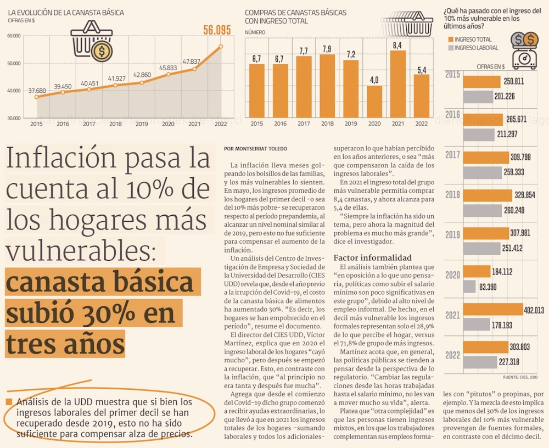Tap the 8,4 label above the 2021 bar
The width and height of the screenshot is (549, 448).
397,45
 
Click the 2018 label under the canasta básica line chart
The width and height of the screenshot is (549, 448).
115,125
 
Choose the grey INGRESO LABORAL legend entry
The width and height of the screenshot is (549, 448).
473,48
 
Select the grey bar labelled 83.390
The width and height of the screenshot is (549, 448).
469,286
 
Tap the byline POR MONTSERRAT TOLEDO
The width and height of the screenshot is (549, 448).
255,149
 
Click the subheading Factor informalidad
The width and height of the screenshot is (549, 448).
372,258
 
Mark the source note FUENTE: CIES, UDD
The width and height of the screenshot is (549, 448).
520,377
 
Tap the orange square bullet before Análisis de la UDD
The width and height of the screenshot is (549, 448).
9,402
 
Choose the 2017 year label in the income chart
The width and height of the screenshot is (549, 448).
453,155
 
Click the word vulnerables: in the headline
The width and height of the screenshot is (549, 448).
82,251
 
